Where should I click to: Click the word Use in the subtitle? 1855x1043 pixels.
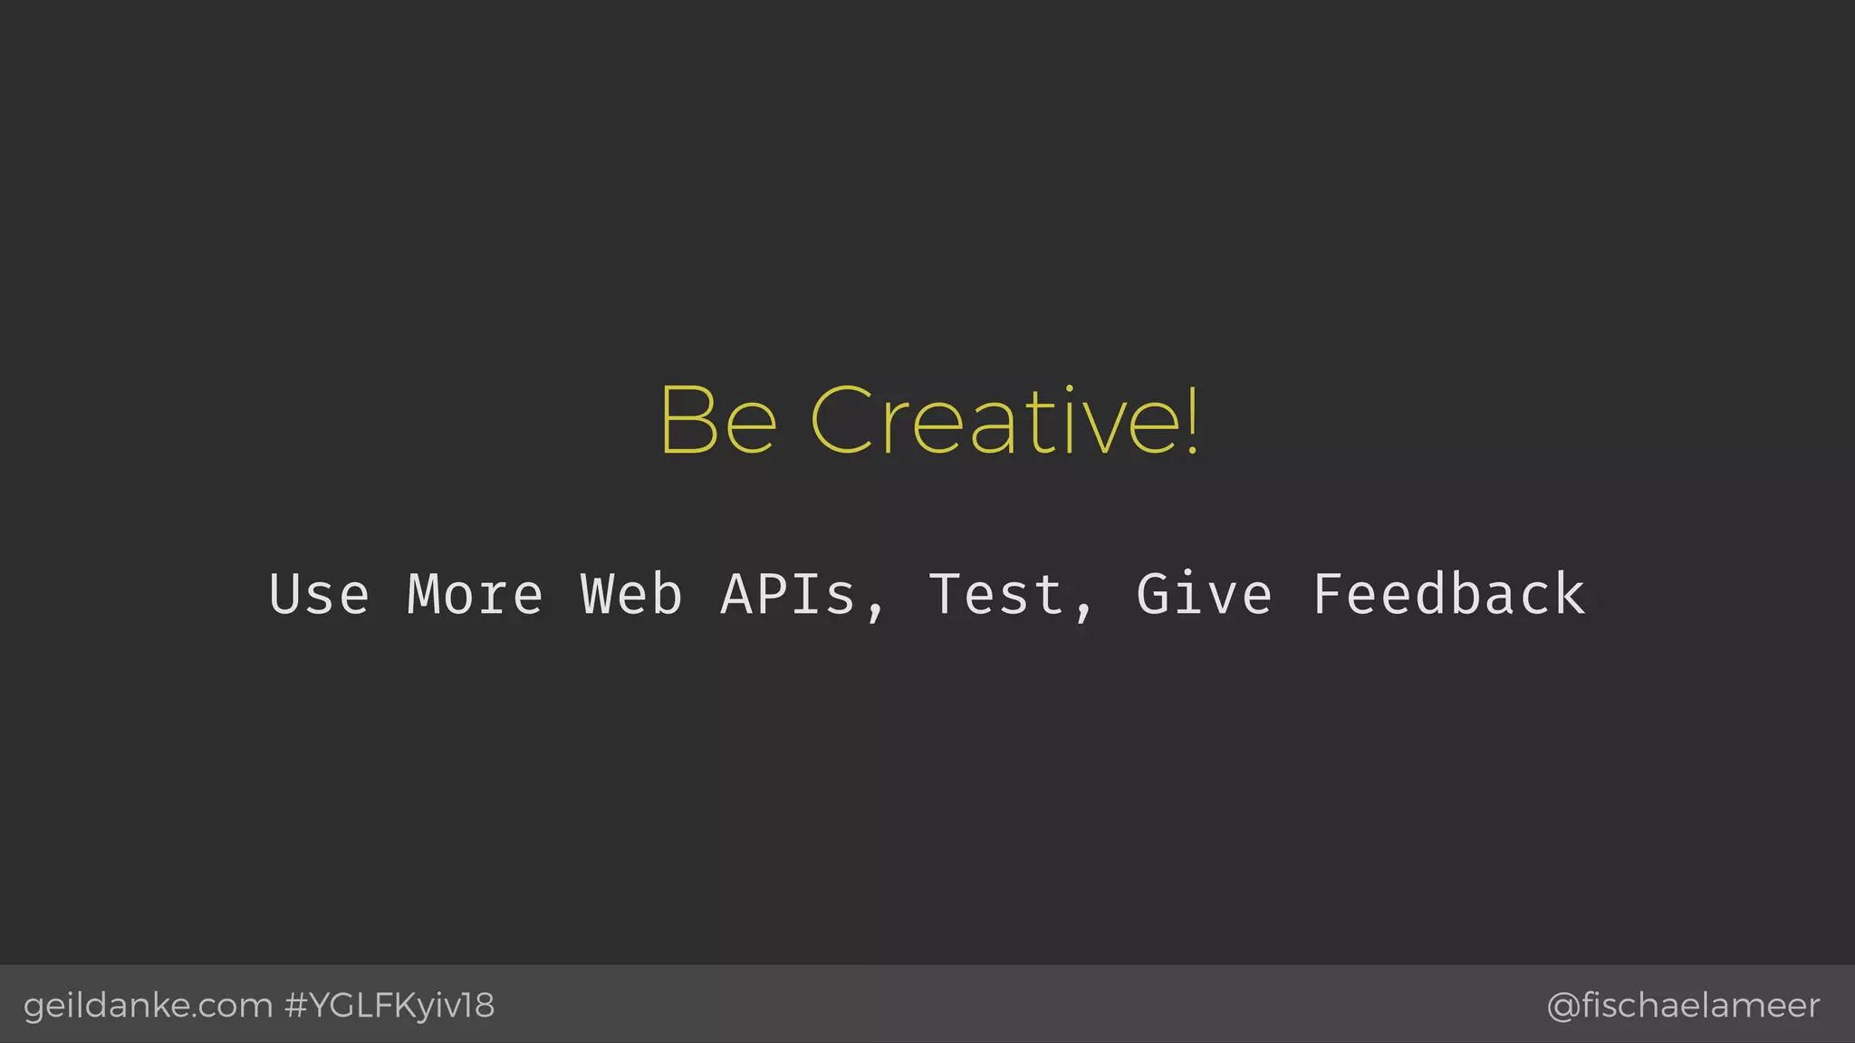319,595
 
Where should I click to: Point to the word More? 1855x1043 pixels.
475,595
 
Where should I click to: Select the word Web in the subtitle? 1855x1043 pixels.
631,595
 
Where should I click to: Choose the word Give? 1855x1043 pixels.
1205,595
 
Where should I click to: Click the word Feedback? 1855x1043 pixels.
1448,595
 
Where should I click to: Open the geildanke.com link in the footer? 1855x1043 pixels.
148,1006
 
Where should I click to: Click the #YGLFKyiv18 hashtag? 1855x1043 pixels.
389,1006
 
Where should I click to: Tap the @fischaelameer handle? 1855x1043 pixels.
1683,1006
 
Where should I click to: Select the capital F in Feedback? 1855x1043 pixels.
1328,595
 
